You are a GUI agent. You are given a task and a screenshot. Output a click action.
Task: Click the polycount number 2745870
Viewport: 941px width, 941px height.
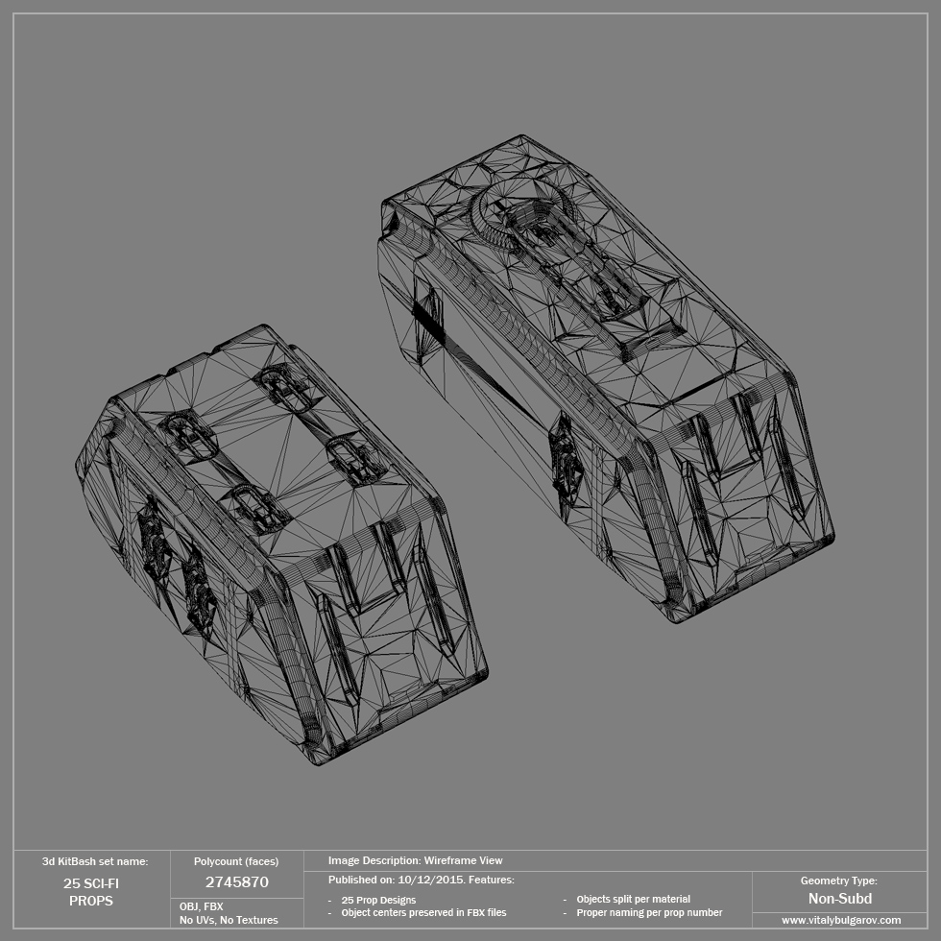236,881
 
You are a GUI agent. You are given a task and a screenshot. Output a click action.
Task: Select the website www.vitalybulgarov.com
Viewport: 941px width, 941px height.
840,920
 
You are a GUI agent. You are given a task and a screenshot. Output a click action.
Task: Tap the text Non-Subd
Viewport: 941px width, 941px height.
839,899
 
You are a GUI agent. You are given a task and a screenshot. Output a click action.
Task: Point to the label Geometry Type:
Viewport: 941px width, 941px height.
838,881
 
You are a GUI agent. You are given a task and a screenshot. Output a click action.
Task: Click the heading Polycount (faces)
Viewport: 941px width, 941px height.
236,861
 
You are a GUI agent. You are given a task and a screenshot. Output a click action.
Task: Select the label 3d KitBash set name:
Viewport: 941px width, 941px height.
95,861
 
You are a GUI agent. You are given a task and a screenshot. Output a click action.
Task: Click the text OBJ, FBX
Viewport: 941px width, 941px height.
202,905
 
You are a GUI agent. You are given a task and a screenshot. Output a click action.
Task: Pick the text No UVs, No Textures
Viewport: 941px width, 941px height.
229,920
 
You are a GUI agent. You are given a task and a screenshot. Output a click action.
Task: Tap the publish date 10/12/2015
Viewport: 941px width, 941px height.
429,880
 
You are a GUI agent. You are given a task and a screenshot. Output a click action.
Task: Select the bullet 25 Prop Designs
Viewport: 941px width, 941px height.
378,900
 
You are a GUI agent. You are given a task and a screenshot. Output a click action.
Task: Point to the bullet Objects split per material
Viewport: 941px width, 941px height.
633,899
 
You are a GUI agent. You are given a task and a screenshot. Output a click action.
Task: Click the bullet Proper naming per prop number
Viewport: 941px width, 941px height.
649,912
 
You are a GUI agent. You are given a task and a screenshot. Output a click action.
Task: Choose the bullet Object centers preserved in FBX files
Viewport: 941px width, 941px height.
423,912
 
